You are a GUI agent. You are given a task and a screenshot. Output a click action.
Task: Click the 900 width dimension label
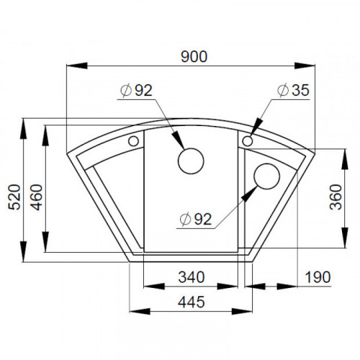pyautogui.click(x=194, y=57)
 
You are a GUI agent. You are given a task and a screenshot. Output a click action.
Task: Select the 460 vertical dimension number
pyautogui.click(x=37, y=197)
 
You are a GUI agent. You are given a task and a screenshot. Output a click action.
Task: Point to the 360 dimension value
pyautogui.click(x=336, y=197)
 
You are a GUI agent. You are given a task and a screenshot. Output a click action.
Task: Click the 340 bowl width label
pyautogui.click(x=192, y=276)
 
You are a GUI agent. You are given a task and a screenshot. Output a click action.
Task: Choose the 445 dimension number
pyautogui.click(x=192, y=302)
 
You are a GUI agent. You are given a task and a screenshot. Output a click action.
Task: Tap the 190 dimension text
pyautogui.click(x=318, y=277)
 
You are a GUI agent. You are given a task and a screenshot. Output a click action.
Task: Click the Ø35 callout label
pyautogui.click(x=293, y=90)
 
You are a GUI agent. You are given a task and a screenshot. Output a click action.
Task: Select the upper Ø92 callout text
pyautogui.click(x=136, y=91)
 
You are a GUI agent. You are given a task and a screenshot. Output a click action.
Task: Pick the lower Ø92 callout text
pyautogui.click(x=196, y=220)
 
